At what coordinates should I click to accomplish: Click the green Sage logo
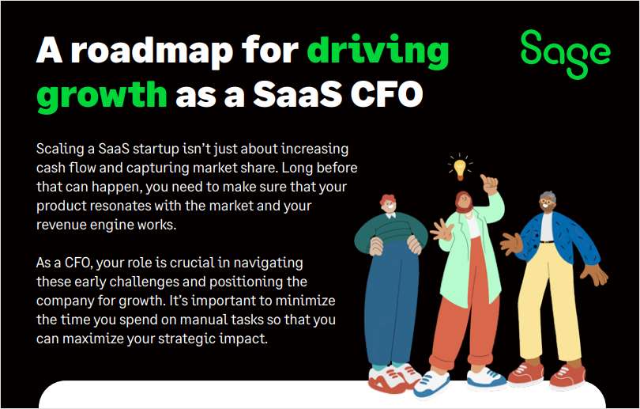566,54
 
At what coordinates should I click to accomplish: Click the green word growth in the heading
102,95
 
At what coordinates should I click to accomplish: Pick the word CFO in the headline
386,93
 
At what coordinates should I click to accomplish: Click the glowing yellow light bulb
460,167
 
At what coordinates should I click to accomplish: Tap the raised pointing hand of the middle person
488,184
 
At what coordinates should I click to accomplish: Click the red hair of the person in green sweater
388,200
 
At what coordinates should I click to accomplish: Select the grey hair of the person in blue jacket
548,196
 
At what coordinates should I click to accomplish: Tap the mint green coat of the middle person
469,252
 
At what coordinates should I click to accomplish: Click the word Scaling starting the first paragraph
60,150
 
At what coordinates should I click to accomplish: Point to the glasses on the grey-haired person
546,202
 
